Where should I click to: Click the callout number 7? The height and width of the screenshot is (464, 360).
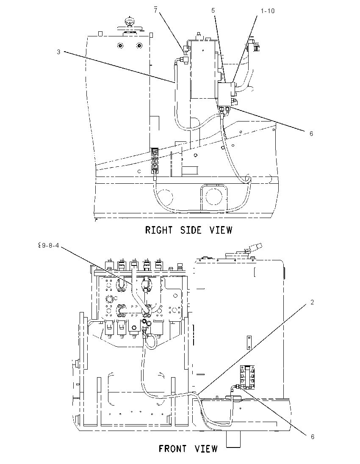[156, 11]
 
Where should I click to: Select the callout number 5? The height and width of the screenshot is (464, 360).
[213, 11]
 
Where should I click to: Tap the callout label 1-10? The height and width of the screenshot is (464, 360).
[268, 11]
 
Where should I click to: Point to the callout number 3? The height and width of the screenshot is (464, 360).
[58, 52]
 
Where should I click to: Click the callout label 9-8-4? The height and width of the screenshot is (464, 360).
[51, 246]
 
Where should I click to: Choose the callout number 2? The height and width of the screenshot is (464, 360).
[312, 302]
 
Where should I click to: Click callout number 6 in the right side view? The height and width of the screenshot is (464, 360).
[311, 134]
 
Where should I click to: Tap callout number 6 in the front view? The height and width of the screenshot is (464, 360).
[312, 437]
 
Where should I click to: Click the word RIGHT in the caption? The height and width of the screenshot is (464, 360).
[159, 230]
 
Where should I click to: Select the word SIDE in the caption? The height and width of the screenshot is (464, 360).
[191, 230]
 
